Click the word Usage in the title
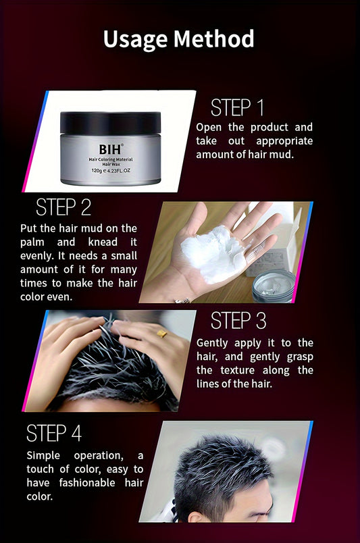[x=136, y=40]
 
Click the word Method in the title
[x=214, y=38]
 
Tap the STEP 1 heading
[x=237, y=107]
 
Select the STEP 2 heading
[x=63, y=207]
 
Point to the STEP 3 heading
[x=238, y=320]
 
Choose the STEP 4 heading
[x=54, y=433]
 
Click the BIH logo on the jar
[x=111, y=149]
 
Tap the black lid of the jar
[x=111, y=123]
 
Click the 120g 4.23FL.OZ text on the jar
[x=111, y=171]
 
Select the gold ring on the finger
[x=161, y=334]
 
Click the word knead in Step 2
[x=103, y=242]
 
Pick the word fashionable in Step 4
[x=87, y=483]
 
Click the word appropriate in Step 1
[x=284, y=142]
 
